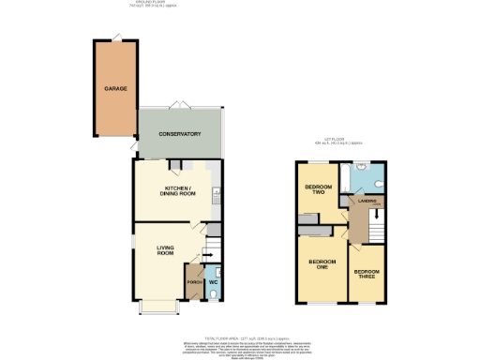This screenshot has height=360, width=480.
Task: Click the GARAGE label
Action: (114, 88)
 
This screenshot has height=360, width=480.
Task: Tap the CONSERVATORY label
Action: (180, 134)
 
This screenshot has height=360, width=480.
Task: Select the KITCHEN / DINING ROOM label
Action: (180, 191)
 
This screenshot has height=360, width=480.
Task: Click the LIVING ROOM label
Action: (166, 250)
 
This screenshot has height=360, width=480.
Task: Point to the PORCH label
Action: (194, 281)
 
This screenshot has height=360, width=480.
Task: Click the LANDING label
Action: (366, 199)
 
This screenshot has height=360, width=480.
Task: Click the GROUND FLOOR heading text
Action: (155, 4)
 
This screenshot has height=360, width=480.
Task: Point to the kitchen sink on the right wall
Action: (217, 194)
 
